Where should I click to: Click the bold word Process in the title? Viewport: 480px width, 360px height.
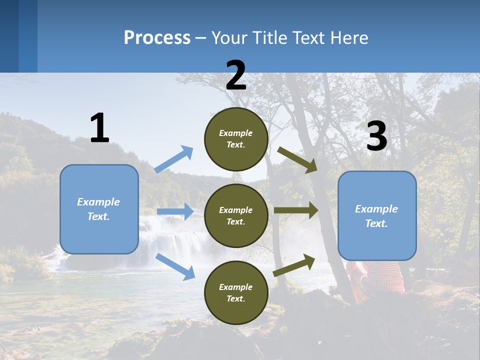pyautogui.click(x=157, y=38)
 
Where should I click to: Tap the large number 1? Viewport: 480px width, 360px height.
pyautogui.click(x=99, y=128)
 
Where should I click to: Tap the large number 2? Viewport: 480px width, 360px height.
pyautogui.click(x=236, y=75)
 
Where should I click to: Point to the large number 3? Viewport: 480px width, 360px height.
pyautogui.click(x=376, y=136)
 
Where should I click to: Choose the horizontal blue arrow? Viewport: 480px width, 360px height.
pyautogui.click(x=175, y=211)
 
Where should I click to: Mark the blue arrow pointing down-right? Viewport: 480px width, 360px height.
pyautogui.click(x=175, y=266)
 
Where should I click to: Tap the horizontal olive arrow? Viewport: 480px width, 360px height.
pyautogui.click(x=296, y=210)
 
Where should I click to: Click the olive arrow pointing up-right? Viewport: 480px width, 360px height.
pyautogui.click(x=294, y=265)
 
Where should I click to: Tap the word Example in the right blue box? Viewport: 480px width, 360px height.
pyautogui.click(x=376, y=209)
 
